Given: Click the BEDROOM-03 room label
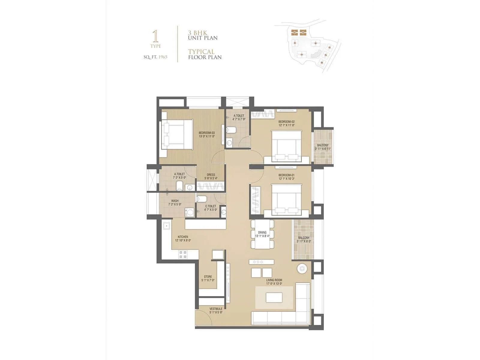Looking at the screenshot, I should click(207, 133).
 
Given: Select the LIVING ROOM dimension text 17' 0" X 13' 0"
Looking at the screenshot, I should click(274, 283).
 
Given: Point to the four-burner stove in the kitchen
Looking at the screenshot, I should click(183, 255).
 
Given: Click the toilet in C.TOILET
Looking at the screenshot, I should click(201, 198).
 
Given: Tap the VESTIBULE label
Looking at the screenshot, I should click(216, 309).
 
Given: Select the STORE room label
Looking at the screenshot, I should click(208, 277).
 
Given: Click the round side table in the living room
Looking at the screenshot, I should click(301, 268).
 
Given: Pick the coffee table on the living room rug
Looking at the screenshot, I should click(274, 297).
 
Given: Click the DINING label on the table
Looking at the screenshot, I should click(262, 232).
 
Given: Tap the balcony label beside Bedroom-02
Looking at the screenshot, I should click(323, 145).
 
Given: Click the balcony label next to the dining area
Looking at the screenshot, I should click(304, 238).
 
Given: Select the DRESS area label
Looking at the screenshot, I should click(211, 175).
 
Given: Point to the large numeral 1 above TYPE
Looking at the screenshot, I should click(155, 36).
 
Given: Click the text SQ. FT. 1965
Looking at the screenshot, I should click(155, 57).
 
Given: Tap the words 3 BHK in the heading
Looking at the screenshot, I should click(197, 33).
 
